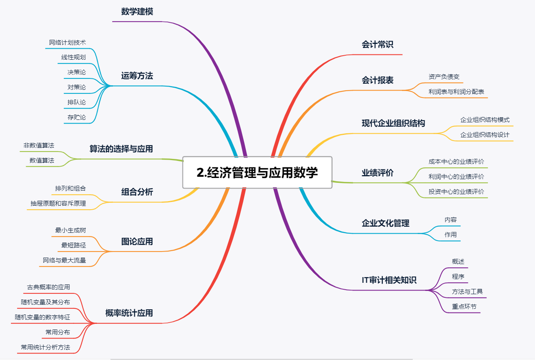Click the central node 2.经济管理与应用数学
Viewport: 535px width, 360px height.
click(257, 173)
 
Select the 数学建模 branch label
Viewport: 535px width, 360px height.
click(137, 12)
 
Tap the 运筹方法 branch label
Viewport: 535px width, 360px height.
click(137, 76)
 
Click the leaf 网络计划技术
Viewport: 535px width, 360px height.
click(67, 43)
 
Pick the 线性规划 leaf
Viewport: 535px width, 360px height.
click(74, 57)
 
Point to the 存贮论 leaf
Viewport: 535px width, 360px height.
click(77, 117)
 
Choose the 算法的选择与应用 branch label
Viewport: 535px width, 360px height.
click(121, 149)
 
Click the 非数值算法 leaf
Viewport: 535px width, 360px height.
click(39, 145)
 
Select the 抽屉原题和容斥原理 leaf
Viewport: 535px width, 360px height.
click(58, 203)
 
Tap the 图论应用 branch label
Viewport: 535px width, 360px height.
click(137, 241)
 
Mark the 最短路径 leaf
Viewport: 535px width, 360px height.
click(74, 245)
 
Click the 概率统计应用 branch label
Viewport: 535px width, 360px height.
click(129, 313)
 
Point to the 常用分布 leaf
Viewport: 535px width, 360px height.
click(58, 332)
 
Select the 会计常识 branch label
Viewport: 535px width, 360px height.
click(377, 44)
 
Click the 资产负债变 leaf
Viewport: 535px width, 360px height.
click(444, 76)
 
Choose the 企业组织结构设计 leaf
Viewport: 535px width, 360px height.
click(485, 134)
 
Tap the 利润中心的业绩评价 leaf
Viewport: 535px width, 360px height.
click(456, 176)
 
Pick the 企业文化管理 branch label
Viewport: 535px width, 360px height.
click(386, 223)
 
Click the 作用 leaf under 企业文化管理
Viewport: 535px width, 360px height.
click(451, 234)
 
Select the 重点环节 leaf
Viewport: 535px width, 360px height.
click(464, 306)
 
